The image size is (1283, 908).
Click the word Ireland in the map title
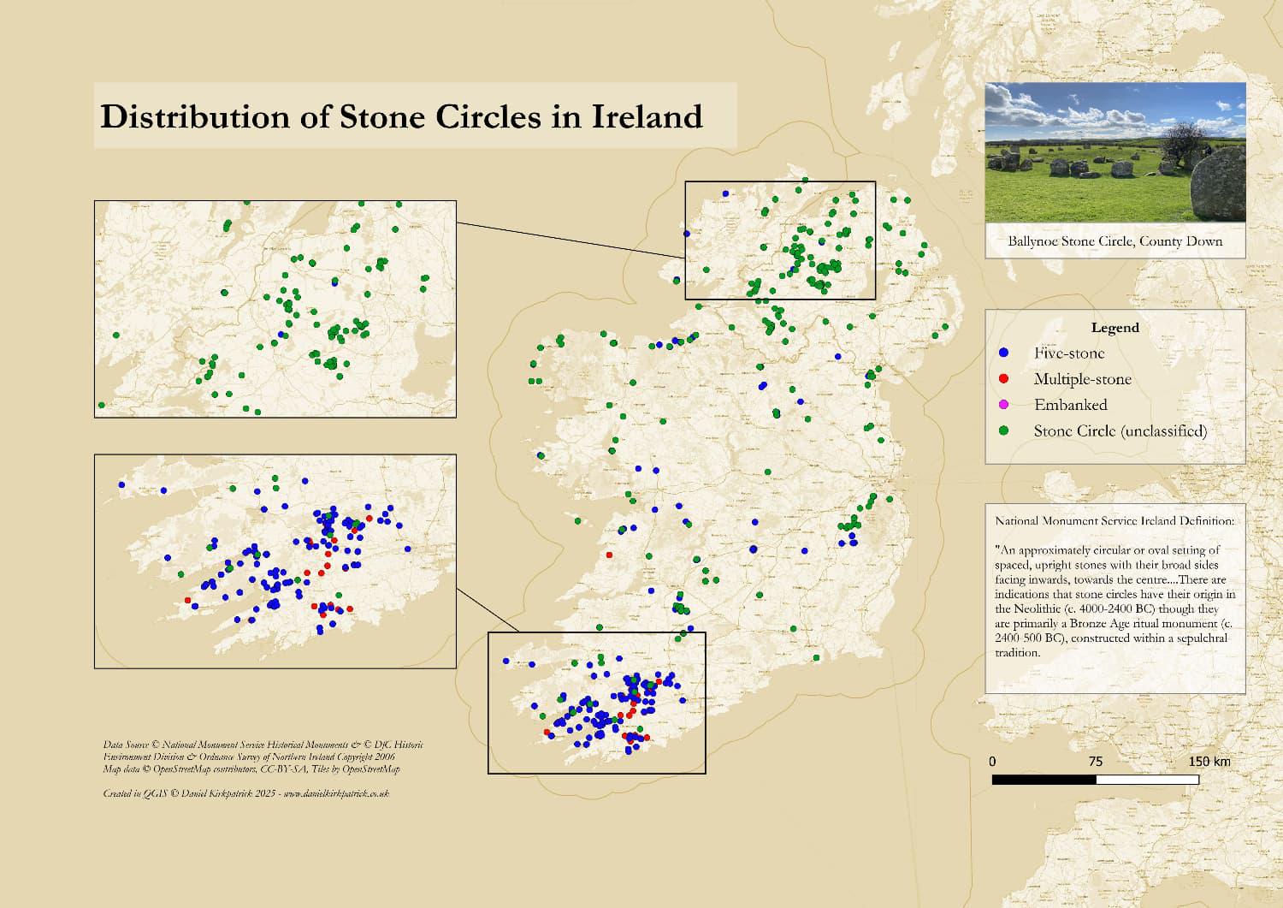(x=647, y=116)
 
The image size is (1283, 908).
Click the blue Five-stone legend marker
(x=1004, y=353)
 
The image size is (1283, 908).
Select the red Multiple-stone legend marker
(x=1004, y=378)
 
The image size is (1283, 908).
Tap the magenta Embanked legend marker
(x=1004, y=404)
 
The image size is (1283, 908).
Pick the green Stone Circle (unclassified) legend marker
(x=1004, y=430)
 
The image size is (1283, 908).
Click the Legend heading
(x=1114, y=328)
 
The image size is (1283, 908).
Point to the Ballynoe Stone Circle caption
(x=1114, y=241)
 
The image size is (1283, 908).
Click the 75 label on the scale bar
(x=1095, y=762)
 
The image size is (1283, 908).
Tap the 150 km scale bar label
(x=1209, y=762)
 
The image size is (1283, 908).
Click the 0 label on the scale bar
(x=992, y=762)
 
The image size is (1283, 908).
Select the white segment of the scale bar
(x=1147, y=780)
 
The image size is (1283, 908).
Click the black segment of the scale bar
(x=1044, y=780)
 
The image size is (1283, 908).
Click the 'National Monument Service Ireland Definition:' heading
(x=1114, y=520)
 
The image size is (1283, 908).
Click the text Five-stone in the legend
(x=1068, y=353)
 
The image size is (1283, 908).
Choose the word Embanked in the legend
(x=1070, y=405)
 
